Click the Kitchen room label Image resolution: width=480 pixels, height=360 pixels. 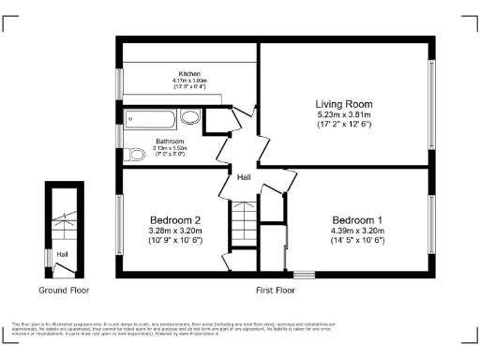pos(189,73)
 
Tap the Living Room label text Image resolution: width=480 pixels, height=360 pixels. pos(344,104)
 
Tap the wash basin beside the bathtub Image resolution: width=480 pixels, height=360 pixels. pos(190,118)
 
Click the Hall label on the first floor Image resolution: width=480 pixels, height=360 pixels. pos(243,177)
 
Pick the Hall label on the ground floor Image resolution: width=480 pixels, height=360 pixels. pos(61,254)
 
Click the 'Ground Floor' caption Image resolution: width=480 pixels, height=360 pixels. pos(63,291)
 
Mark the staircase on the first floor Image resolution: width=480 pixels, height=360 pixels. pos(243,223)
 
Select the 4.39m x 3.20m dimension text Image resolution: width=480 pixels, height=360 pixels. pos(358,231)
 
